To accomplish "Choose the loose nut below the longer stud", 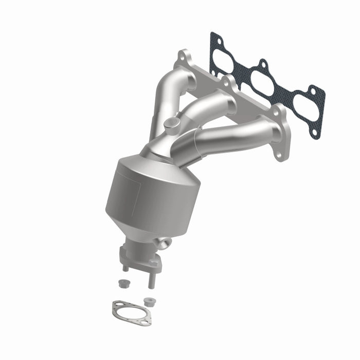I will (149, 301).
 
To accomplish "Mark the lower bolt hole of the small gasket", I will (147, 321).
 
